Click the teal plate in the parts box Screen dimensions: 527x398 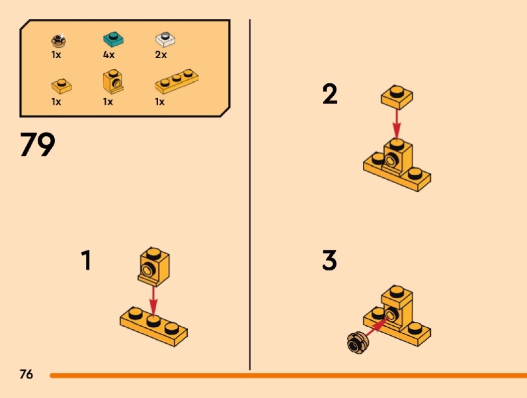113,40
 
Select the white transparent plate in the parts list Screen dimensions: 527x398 165,40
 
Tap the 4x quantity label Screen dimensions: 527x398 109,55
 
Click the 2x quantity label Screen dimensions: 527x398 161,55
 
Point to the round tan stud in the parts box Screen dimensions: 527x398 59,40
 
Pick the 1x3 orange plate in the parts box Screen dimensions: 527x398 177,81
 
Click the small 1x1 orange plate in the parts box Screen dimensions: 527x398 62,86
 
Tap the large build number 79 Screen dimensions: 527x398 38,144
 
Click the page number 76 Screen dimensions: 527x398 26,374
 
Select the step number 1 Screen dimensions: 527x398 86,260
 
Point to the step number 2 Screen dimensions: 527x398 330,94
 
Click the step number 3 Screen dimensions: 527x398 329,260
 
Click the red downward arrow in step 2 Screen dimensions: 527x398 397,124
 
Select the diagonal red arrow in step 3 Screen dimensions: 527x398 376,326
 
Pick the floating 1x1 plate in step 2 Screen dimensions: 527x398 397,97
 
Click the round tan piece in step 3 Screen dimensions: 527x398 357,342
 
